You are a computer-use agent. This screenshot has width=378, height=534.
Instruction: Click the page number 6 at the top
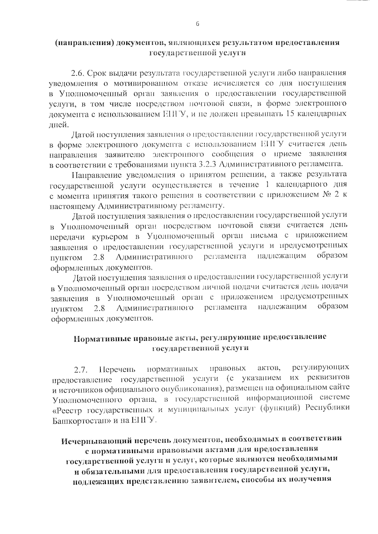coord(198,24)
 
